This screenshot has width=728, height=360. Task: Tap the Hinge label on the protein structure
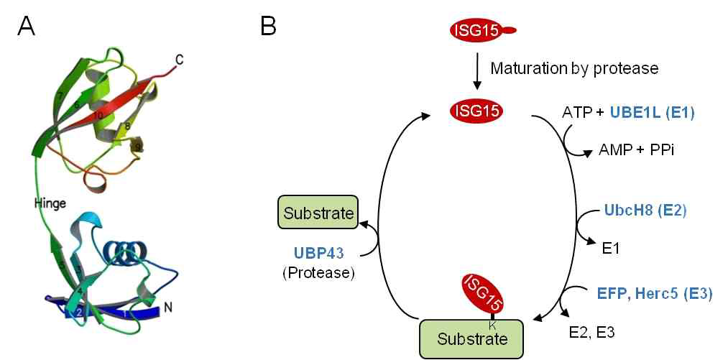pos(50,203)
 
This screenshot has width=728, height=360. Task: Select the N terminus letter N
pos(168,308)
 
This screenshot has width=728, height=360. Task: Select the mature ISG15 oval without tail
pos(476,111)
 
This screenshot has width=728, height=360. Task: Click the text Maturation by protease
pos(574,69)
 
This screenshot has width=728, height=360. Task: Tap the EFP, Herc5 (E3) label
pos(655,293)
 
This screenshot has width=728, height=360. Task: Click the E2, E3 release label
pos(591,331)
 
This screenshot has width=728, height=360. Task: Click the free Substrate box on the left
pos(318,213)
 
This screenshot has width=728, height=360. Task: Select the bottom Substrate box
pos(471,338)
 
